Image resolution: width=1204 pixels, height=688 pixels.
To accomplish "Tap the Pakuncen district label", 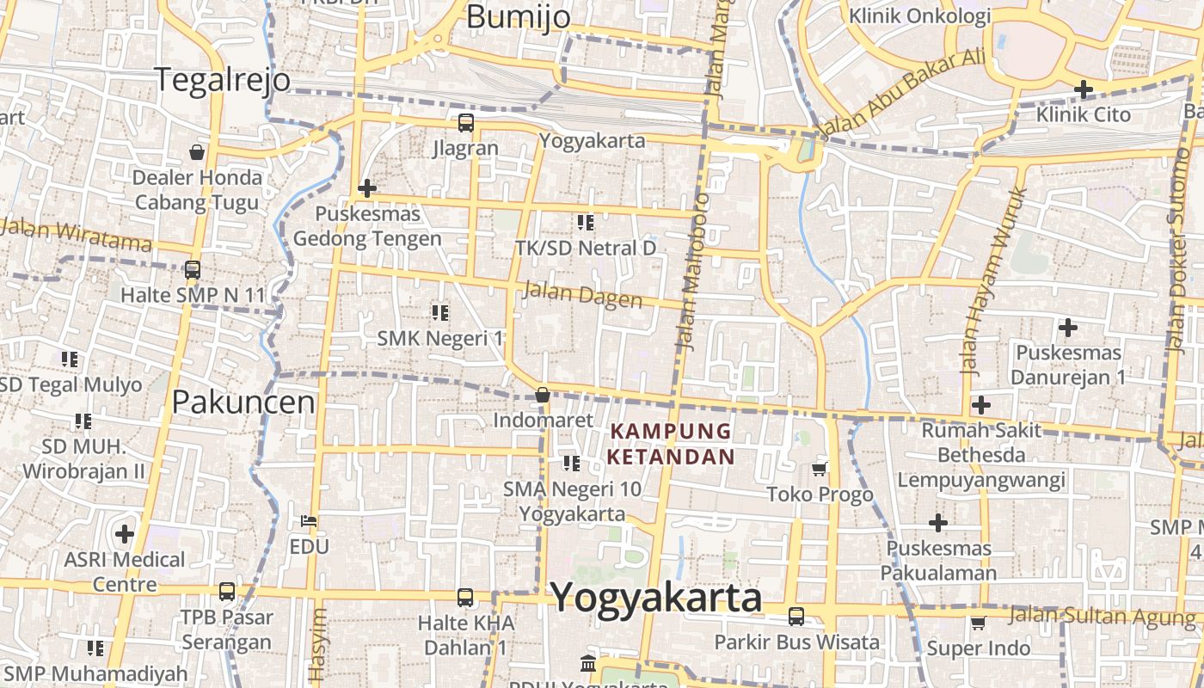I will [243, 402].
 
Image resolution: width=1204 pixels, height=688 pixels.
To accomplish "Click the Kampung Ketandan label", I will [671, 444].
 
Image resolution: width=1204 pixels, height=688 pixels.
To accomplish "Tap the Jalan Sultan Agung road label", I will [1101, 616].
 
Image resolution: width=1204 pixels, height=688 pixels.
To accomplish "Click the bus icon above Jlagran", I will [465, 123].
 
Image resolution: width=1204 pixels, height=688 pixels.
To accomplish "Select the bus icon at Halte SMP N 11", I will [192, 270].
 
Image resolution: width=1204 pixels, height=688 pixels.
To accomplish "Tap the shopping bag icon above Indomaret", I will [543, 395].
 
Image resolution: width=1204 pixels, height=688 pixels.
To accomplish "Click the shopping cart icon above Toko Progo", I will [820, 469].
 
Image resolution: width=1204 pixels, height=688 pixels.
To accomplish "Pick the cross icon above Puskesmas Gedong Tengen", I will [367, 188].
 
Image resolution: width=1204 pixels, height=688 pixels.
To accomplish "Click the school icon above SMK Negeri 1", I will [439, 312].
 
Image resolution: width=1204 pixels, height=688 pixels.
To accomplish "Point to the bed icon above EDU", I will [309, 521].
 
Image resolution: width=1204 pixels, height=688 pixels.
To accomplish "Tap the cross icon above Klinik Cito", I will [1084, 89].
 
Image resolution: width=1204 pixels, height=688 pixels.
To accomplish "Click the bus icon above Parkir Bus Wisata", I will [796, 616].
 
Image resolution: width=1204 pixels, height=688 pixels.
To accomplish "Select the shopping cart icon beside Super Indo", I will [978, 623].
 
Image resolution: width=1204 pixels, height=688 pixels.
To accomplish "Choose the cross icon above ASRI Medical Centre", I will [125, 534].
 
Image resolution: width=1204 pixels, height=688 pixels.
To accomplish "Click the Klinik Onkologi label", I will [919, 15].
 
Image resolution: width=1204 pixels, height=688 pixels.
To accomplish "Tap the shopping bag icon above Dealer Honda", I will [197, 152].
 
